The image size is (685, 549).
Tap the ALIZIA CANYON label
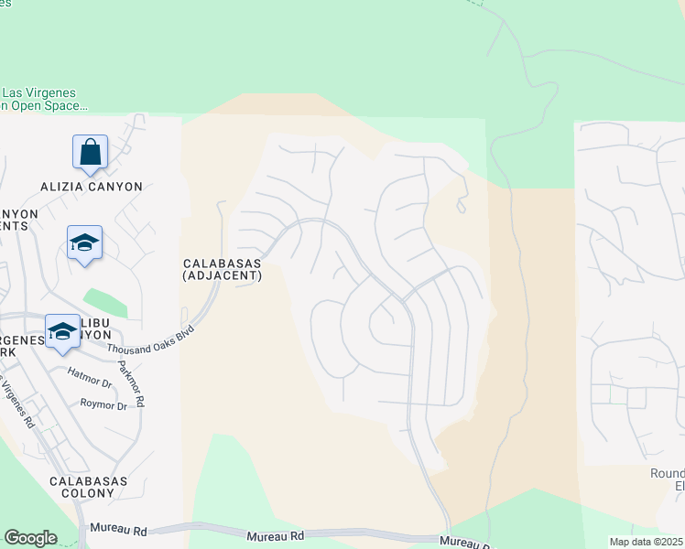(92, 187)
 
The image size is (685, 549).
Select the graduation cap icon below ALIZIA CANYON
(84, 242)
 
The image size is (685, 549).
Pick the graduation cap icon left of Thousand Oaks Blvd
(62, 330)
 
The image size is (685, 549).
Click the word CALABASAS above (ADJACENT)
(222, 263)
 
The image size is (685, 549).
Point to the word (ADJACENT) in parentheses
(222, 274)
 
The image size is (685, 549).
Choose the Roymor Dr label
(103, 404)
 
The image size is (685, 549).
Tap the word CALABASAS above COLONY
(88, 480)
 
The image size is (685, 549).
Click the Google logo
(30, 538)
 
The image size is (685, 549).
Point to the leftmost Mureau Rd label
(114, 530)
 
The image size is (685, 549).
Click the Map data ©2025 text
(646, 542)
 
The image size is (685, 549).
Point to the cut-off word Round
(666, 474)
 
